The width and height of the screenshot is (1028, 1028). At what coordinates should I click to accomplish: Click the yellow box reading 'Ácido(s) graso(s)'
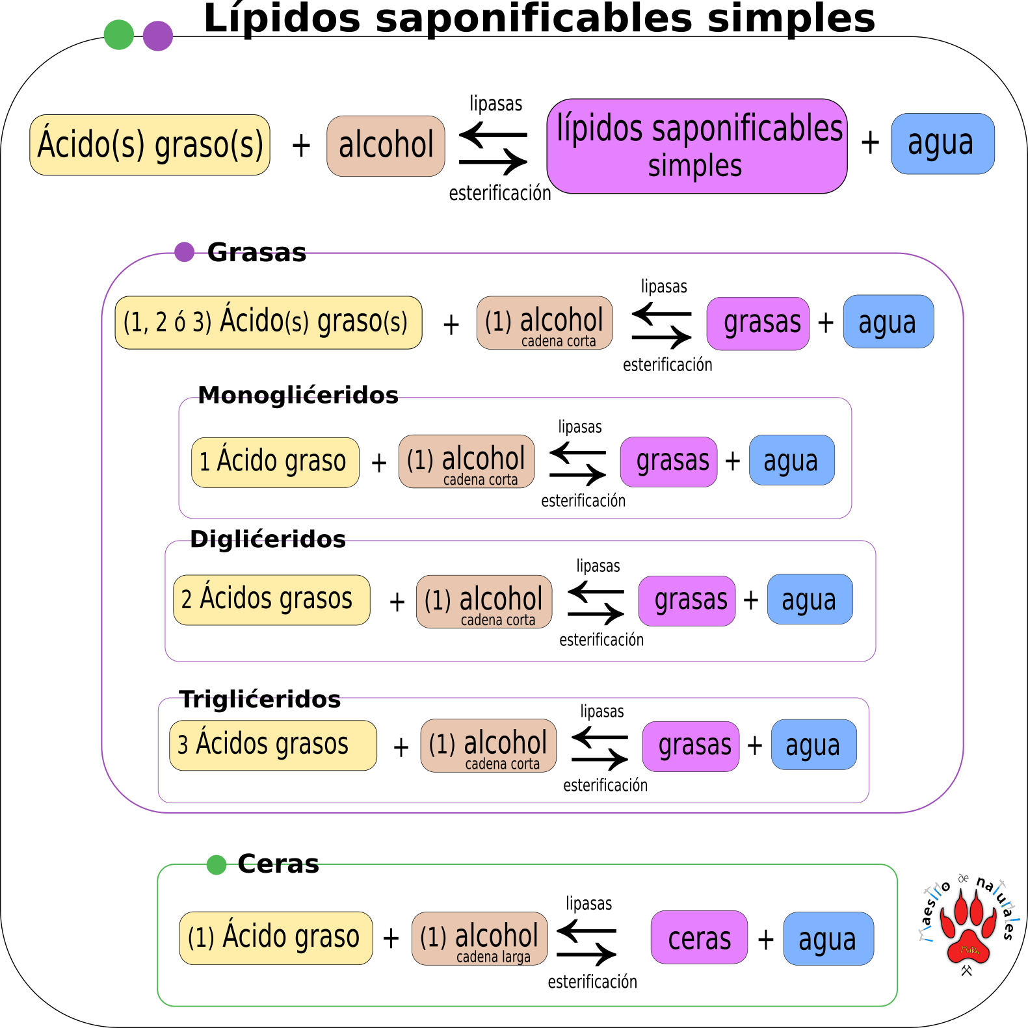click(150, 145)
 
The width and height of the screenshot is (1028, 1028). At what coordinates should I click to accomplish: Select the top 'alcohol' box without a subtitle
click(386, 146)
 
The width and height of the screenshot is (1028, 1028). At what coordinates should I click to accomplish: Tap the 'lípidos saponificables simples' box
click(697, 146)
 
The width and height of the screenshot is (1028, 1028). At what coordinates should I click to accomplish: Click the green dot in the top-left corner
click(119, 35)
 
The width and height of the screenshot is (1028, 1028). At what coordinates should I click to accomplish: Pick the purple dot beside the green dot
click(158, 36)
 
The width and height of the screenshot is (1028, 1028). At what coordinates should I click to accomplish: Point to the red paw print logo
click(968, 928)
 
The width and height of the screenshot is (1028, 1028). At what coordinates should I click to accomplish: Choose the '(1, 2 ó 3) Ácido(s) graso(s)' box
click(268, 323)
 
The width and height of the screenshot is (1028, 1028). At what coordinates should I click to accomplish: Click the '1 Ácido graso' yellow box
click(275, 462)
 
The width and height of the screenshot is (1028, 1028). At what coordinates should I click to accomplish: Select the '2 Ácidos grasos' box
click(271, 600)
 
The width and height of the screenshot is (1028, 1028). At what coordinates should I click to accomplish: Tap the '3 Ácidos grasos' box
click(272, 745)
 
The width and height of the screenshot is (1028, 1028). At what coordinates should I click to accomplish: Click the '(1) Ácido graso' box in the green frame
click(276, 938)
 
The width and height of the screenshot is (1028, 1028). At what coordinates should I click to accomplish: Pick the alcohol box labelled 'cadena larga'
click(479, 938)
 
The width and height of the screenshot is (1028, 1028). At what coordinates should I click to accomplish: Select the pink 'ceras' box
click(699, 937)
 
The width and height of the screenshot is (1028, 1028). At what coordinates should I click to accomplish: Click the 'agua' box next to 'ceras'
click(828, 938)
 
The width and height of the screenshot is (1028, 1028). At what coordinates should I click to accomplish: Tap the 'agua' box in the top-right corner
click(942, 144)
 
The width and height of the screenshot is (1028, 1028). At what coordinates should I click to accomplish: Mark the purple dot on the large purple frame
click(185, 251)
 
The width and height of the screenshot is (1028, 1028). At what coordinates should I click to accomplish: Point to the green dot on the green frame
click(217, 865)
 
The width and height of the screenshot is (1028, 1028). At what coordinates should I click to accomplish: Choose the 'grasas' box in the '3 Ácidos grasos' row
click(691, 746)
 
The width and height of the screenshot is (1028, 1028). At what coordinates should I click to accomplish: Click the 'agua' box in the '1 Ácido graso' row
click(791, 460)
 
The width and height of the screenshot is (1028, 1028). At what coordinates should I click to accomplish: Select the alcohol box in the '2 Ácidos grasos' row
click(484, 602)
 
